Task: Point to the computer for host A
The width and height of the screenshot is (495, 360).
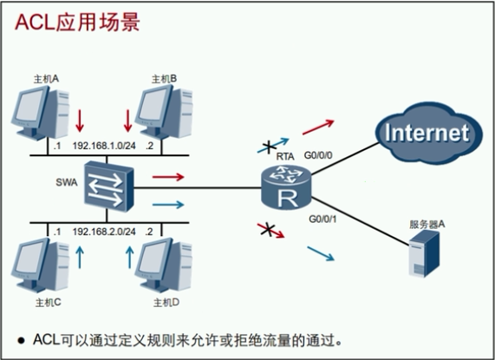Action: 37,115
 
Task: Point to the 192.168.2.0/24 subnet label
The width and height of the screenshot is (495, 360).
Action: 105,232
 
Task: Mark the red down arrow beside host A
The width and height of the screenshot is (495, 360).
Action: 79,117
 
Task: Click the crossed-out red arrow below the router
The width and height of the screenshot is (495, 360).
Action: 268,230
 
